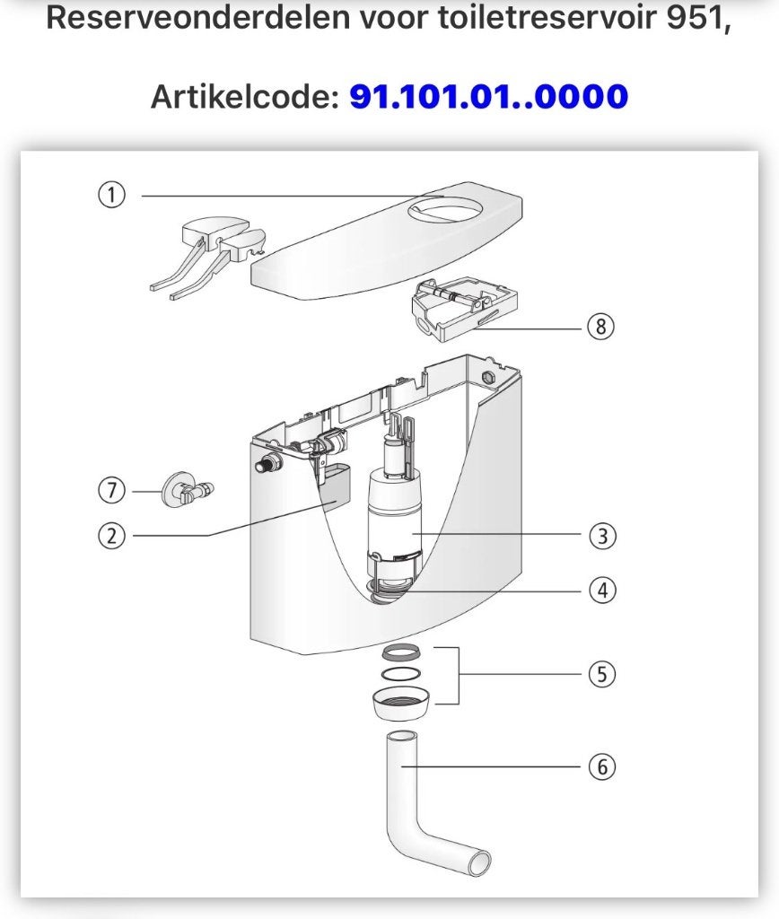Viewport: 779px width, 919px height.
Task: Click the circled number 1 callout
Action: pyautogui.click(x=111, y=195)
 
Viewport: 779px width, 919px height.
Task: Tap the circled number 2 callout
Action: pyautogui.click(x=111, y=536)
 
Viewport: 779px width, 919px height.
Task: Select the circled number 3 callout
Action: pyautogui.click(x=602, y=535)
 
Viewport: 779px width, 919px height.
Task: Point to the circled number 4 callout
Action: pyautogui.click(x=602, y=591)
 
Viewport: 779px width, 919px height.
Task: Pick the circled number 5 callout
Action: pyautogui.click(x=602, y=674)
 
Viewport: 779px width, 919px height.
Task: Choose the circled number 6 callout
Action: pyautogui.click(x=602, y=766)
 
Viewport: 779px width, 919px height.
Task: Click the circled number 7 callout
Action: pyautogui.click(x=111, y=491)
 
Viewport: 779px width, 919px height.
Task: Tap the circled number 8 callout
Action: pyautogui.click(x=600, y=326)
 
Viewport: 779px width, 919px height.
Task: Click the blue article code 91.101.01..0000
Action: pyautogui.click(x=489, y=97)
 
